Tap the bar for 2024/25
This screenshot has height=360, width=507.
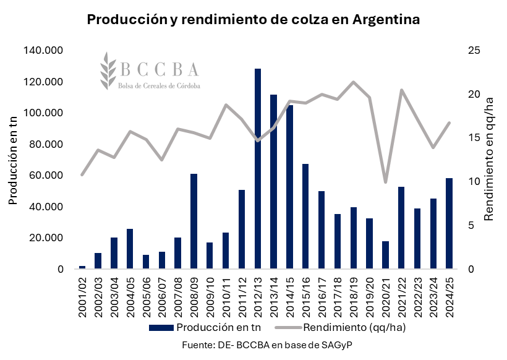click(448, 223)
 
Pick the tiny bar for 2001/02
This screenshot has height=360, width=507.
click(82, 267)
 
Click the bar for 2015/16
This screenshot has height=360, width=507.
click(305, 216)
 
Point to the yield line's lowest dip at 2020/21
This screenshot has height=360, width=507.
click(385, 182)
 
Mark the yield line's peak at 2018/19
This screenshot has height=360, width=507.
click(353, 82)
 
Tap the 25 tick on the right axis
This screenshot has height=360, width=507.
click(473, 51)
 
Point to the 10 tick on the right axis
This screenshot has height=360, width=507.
click(473, 182)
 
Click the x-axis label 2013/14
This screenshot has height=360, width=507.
click(273, 296)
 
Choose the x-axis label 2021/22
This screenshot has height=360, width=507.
click(401, 296)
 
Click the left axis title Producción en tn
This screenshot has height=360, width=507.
click(13, 160)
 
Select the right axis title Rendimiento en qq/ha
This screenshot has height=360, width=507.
click(488, 160)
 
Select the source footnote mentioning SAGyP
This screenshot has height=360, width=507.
click(272, 344)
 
